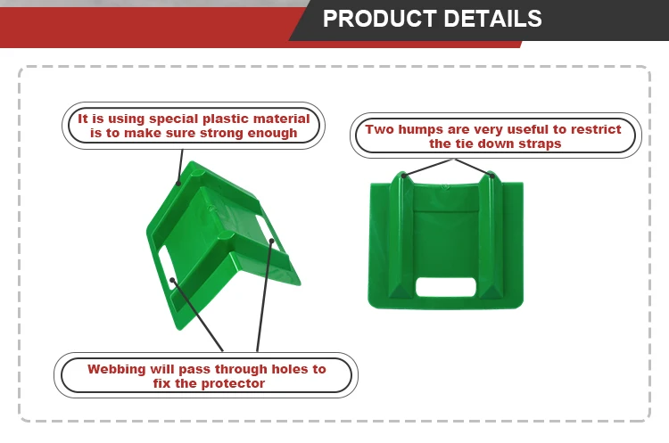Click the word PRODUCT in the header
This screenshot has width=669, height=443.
373,19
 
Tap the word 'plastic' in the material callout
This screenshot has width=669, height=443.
221,119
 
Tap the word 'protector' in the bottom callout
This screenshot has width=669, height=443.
234,383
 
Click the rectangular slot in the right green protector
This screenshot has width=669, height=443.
445,287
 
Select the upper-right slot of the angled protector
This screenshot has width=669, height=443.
262,222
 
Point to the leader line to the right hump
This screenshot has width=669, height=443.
474,168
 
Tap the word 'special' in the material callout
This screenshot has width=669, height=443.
166,119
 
